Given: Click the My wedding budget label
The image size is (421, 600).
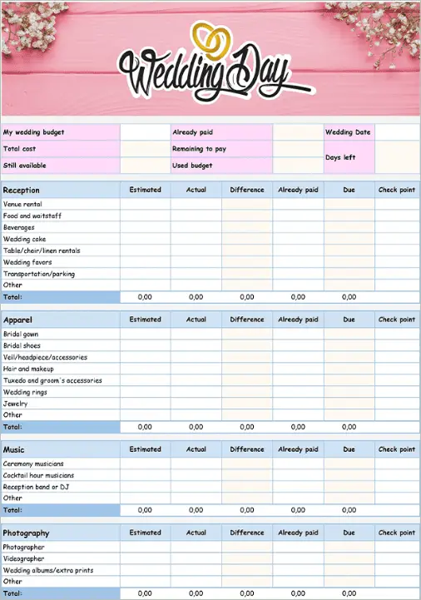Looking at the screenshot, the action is [33, 132].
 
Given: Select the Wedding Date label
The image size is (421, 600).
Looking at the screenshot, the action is [348, 132].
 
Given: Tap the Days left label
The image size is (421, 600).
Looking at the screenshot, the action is [340, 157].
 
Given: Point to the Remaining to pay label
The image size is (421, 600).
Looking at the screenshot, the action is [199, 149].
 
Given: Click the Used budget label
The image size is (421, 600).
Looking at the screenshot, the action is [192, 166].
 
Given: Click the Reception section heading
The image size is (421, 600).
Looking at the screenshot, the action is [21, 191].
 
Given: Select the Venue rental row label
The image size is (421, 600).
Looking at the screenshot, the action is [22, 204].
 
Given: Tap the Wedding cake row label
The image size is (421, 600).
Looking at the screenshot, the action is [24, 239].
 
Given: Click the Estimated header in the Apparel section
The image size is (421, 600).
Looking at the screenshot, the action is [145, 320].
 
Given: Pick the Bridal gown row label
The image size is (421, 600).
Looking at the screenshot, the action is [23, 334].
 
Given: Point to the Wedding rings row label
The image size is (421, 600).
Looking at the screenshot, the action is [26, 392].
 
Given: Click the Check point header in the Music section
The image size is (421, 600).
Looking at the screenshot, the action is [396, 449].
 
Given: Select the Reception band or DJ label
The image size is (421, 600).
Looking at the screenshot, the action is [36, 487].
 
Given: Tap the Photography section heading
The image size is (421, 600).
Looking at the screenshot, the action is [26, 533].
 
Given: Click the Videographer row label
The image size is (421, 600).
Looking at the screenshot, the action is [23, 558].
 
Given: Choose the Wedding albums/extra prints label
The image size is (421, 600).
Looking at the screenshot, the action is [47, 570].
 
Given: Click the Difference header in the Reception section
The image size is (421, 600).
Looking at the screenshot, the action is [247, 190].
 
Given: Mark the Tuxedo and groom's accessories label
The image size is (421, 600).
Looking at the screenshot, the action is [52, 380].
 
